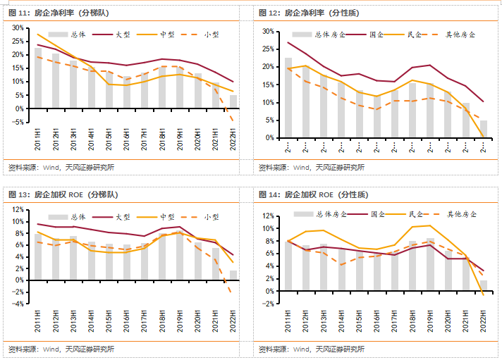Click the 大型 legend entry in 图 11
click(x=121, y=35)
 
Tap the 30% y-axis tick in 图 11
click(x=18, y=25)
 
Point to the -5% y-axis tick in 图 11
click(x=17, y=123)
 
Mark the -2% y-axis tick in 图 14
click(x=267, y=304)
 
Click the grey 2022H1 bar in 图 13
click(x=233, y=275)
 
